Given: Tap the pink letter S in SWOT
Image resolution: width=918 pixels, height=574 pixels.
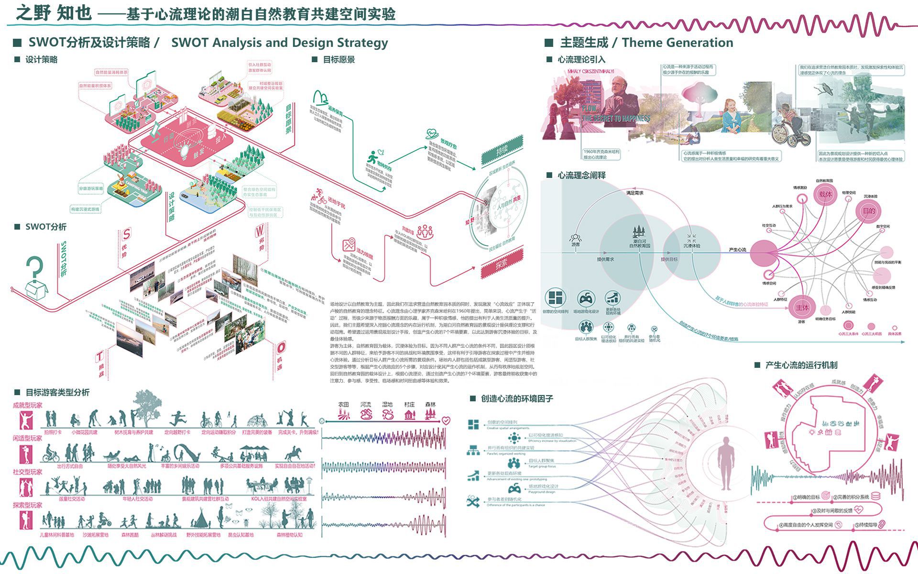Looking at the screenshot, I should (126, 234).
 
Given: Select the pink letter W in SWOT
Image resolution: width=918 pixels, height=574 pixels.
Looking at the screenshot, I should (259, 231).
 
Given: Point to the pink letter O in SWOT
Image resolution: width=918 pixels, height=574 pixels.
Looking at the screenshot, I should (281, 347).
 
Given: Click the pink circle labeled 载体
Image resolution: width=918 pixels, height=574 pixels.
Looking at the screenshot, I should (825, 194).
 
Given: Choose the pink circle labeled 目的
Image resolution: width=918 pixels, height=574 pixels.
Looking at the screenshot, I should (869, 211).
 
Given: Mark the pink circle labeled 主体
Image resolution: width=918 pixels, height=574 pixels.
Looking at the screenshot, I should (802, 308).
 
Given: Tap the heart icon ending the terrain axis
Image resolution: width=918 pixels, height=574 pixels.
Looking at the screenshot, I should (446, 420).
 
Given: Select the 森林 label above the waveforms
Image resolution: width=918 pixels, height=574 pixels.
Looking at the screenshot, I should (430, 405).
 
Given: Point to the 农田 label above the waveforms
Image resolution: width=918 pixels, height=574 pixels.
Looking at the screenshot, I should (344, 405).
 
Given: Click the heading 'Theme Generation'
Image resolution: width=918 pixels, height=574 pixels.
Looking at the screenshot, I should (678, 43).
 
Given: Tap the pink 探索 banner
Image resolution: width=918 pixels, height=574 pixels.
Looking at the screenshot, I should (501, 264).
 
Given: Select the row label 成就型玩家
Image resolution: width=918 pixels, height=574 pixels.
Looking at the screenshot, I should (28, 405).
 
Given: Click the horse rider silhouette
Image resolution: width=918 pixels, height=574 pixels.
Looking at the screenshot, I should (293, 453).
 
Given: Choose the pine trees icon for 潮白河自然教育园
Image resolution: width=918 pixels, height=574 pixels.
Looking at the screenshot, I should (639, 232).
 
